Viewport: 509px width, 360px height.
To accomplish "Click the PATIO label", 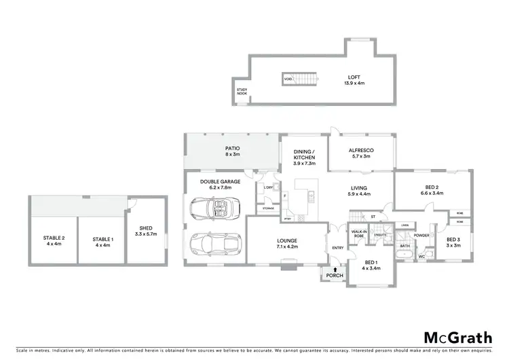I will pos(232,151).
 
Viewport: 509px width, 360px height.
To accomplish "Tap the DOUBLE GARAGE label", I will pos(215,185).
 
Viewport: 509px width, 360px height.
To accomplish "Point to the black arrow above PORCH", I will pos(335,270).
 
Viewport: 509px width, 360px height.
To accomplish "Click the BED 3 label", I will pos(454,242).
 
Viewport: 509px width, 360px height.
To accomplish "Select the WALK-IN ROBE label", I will pos(358,233).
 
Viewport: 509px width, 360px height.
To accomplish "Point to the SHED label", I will pos(147,231).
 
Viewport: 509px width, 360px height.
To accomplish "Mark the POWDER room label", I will pos(421,236).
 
